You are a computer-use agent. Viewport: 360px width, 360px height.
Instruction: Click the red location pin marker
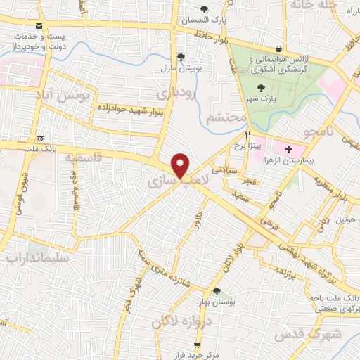(181, 166)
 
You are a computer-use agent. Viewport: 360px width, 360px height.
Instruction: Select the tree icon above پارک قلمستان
(205, 9)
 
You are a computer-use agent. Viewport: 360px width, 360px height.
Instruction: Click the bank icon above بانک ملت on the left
(39, 137)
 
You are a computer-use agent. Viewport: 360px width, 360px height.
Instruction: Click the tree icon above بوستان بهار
(216, 291)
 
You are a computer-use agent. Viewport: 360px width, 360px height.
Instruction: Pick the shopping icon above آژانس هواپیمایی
(280, 49)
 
